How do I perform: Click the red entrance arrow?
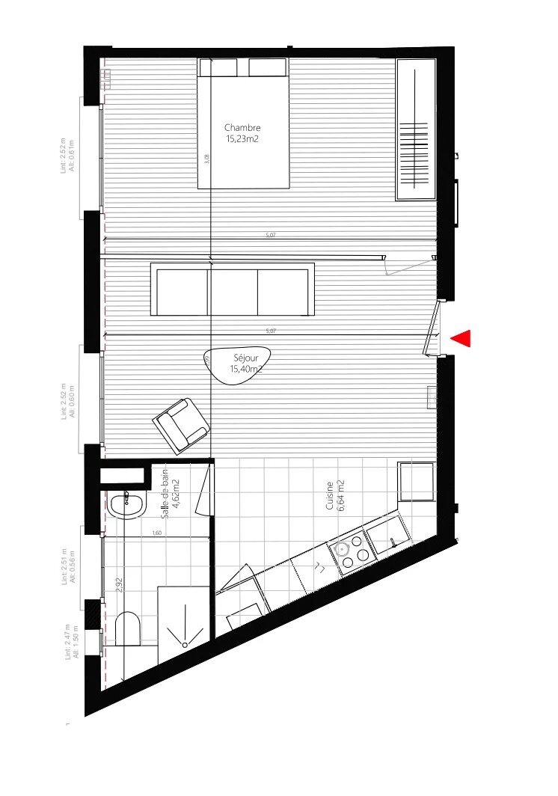pyautogui.click(x=462, y=339)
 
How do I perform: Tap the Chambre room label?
pyautogui.click(x=242, y=133)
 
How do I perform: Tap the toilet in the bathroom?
pyautogui.click(x=129, y=629)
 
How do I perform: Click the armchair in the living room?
pyautogui.click(x=181, y=425)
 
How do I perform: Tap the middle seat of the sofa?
pyautogui.click(x=233, y=290)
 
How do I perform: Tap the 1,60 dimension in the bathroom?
pyautogui.click(x=157, y=533)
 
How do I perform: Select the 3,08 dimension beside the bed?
pyautogui.click(x=207, y=158)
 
